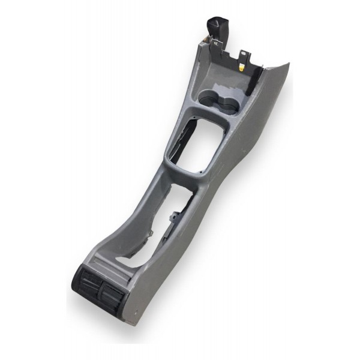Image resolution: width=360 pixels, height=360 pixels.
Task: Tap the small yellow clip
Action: point(241,67)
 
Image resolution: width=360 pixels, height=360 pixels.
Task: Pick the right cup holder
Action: point(229,104)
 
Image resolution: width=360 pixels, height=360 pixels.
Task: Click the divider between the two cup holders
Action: point(220,100)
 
